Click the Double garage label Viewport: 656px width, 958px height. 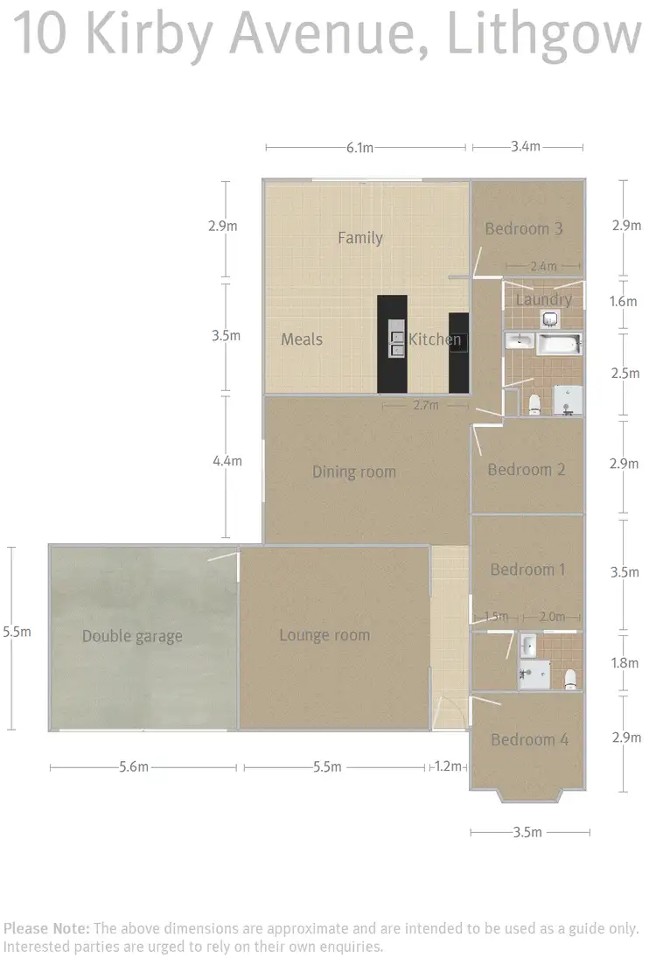(132, 636)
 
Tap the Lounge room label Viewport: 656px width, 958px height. (325, 635)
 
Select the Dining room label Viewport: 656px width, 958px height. (354, 472)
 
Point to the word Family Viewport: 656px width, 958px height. (360, 238)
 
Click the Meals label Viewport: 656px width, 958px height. (302, 339)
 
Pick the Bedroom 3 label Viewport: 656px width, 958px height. (524, 229)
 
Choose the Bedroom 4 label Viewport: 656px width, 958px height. (529, 740)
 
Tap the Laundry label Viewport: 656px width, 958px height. (544, 300)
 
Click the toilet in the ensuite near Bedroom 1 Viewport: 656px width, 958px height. (570, 677)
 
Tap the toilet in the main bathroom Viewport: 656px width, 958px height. (534, 403)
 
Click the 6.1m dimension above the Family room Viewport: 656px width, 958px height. (359, 148)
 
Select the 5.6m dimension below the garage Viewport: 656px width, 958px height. (133, 768)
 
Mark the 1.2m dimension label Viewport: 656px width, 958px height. (448, 768)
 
